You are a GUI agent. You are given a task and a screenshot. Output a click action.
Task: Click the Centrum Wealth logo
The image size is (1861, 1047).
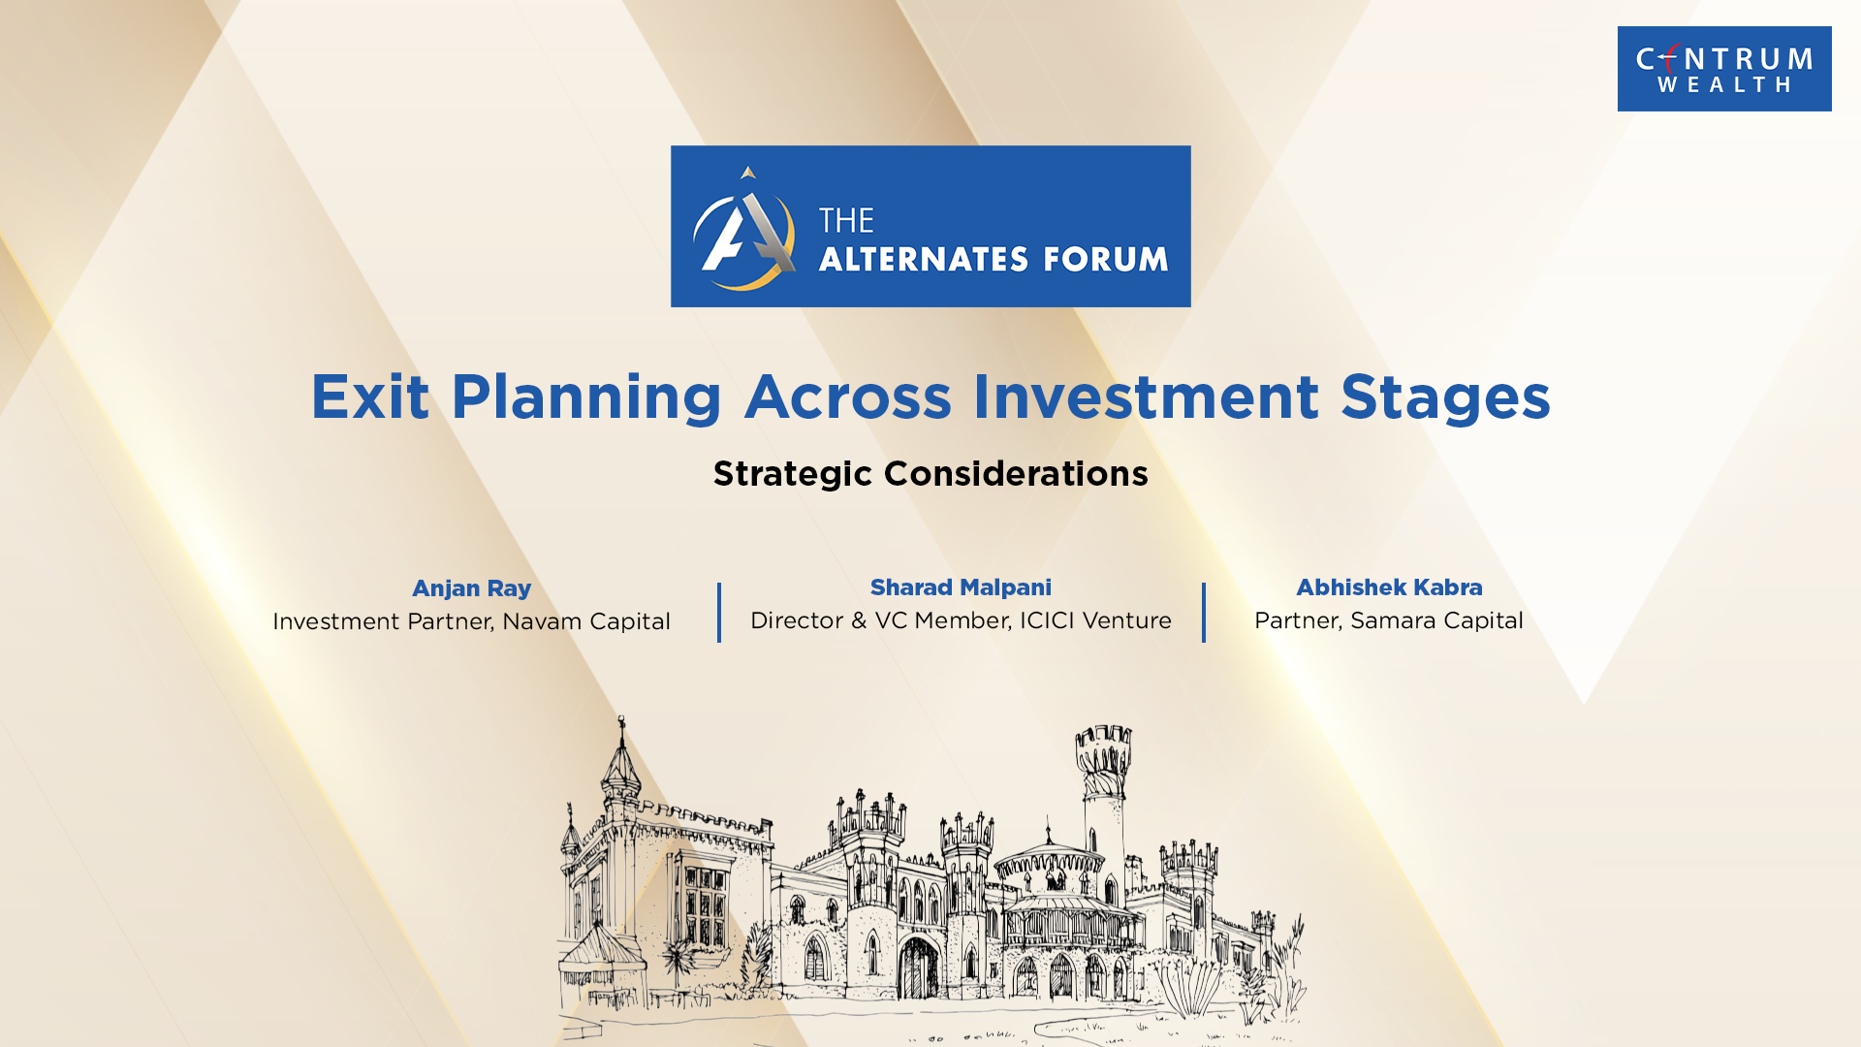point(1724,69)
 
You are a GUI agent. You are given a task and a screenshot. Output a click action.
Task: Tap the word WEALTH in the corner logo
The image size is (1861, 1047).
point(1724,85)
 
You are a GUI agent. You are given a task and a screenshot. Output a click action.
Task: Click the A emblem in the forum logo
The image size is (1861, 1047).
point(744,229)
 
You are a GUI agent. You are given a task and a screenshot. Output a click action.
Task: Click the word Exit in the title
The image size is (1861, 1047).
point(369,397)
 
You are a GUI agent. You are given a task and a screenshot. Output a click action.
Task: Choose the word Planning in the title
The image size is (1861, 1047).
point(586,398)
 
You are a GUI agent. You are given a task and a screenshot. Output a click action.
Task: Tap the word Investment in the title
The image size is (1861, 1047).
point(1146,397)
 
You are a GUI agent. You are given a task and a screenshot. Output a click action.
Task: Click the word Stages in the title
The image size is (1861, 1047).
point(1445,398)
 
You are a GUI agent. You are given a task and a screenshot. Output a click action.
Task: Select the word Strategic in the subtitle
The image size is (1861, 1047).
point(793,474)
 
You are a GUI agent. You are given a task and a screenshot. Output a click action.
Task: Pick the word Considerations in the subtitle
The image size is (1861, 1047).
point(1016,473)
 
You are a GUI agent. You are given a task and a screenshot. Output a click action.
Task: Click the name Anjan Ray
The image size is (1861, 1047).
point(471,588)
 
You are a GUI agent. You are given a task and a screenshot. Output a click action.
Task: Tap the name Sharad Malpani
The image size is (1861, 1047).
point(961,587)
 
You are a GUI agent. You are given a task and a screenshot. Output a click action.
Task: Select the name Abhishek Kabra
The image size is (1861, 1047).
point(1389,587)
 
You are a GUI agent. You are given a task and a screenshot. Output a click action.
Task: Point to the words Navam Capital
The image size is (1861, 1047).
point(586,621)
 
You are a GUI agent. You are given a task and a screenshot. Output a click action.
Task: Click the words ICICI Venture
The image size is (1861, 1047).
point(1095,620)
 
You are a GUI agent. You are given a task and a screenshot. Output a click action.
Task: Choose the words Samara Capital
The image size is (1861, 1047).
point(1436,620)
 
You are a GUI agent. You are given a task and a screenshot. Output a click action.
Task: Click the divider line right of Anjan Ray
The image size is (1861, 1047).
point(719,613)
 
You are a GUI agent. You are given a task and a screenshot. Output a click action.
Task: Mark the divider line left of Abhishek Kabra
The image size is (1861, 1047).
point(1204,613)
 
